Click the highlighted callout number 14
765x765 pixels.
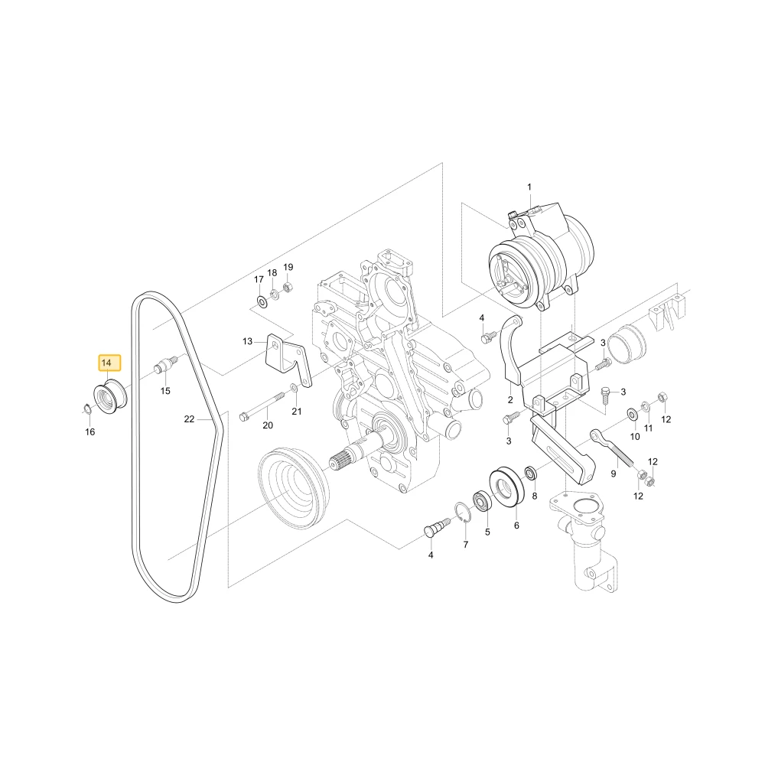(106, 363)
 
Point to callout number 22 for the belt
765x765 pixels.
(189, 418)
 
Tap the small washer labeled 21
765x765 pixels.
(295, 388)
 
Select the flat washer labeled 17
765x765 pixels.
(262, 302)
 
